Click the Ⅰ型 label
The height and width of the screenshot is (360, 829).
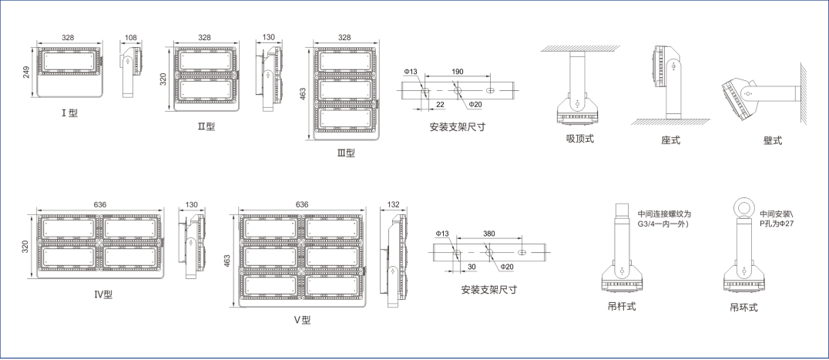[69, 113]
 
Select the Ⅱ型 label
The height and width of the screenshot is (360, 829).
[206, 126]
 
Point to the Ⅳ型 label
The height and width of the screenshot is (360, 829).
[103, 294]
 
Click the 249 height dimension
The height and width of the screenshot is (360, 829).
[26, 73]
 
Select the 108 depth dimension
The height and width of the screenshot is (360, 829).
[130, 37]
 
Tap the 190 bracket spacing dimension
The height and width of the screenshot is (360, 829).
[457, 72]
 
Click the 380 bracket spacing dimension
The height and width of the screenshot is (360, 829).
[488, 234]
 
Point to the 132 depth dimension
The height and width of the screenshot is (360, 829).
[394, 204]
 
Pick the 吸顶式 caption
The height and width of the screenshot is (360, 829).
[579, 139]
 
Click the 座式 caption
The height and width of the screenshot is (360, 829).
[670, 140]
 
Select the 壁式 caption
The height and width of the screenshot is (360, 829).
[773, 140]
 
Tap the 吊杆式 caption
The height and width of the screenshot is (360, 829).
[621, 306]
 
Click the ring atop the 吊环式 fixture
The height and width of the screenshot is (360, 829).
[743, 207]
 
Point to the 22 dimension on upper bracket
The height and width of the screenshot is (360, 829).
[440, 104]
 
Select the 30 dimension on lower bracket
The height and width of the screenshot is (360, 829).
[472, 267]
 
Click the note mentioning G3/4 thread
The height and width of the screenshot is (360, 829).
[664, 219]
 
